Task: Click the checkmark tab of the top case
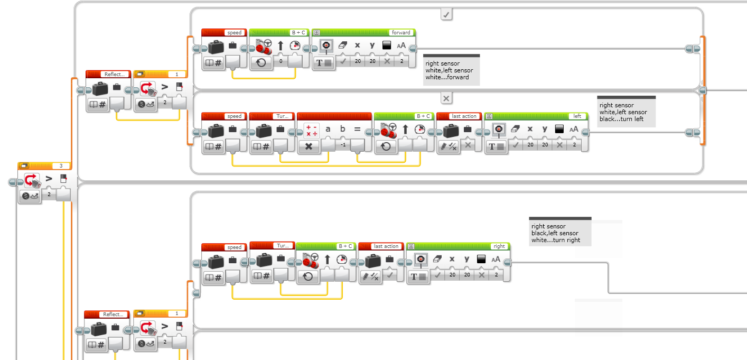tap(446, 15)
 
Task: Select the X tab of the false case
tap(446, 98)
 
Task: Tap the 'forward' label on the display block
tap(401, 33)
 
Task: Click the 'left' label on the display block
tap(577, 116)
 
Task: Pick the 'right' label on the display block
tap(499, 246)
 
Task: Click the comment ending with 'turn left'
tap(627, 112)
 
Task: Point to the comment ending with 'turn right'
tap(559, 233)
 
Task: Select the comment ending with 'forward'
tap(451, 70)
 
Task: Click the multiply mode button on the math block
tap(309, 146)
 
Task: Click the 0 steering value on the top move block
tap(281, 62)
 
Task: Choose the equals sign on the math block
tap(357, 128)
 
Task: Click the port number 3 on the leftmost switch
tap(61, 165)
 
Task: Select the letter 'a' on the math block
tap(328, 128)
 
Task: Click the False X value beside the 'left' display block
tap(467, 145)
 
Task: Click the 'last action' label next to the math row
tap(464, 116)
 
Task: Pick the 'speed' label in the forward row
tap(234, 33)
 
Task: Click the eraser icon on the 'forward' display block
tap(342, 45)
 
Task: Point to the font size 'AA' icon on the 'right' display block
tap(496, 259)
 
